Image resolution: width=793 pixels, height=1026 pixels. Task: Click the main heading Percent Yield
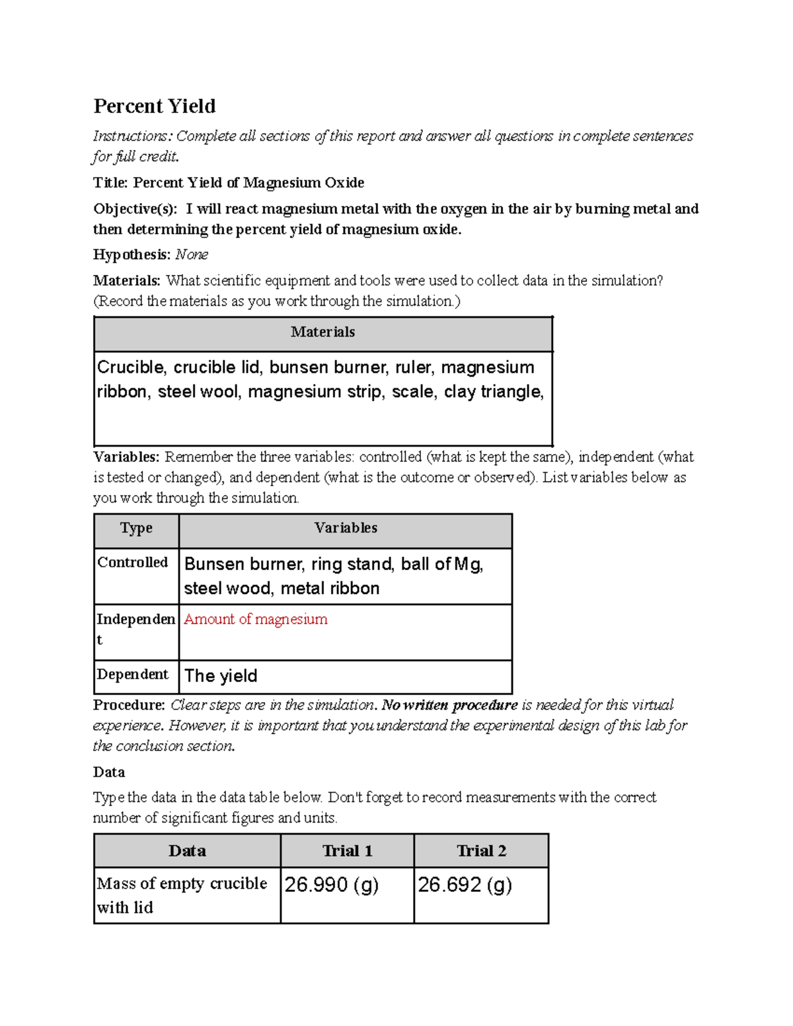(x=155, y=106)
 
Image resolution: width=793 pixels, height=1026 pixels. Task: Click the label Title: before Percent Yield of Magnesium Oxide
(x=110, y=183)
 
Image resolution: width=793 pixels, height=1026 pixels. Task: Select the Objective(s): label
(x=135, y=209)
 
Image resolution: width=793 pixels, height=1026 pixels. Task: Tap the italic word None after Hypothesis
(x=192, y=255)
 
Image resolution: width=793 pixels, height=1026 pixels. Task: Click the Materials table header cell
(x=322, y=332)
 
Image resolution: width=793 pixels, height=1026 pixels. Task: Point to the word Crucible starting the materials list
(x=130, y=367)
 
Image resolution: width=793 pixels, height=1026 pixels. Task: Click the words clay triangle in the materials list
(x=493, y=392)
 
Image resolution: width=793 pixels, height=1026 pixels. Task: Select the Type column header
(x=136, y=529)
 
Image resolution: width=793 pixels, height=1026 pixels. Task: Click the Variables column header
(x=346, y=529)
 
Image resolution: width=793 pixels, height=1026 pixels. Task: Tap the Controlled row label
(x=133, y=562)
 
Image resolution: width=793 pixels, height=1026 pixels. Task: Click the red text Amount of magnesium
(x=256, y=619)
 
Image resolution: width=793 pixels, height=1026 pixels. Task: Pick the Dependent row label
(x=133, y=675)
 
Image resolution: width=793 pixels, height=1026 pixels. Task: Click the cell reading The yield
(x=221, y=676)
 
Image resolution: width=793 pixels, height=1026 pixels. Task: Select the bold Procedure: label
(x=129, y=705)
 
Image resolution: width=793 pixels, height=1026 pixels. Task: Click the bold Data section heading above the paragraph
(x=109, y=772)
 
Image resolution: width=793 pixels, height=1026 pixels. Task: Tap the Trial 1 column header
(x=347, y=851)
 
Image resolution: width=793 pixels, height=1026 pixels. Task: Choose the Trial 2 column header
(x=481, y=851)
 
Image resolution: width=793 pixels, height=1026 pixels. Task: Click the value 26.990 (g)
(x=331, y=885)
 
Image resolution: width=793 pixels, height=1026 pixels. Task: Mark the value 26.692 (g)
(x=465, y=885)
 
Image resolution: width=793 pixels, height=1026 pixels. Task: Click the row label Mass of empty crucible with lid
(x=182, y=895)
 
